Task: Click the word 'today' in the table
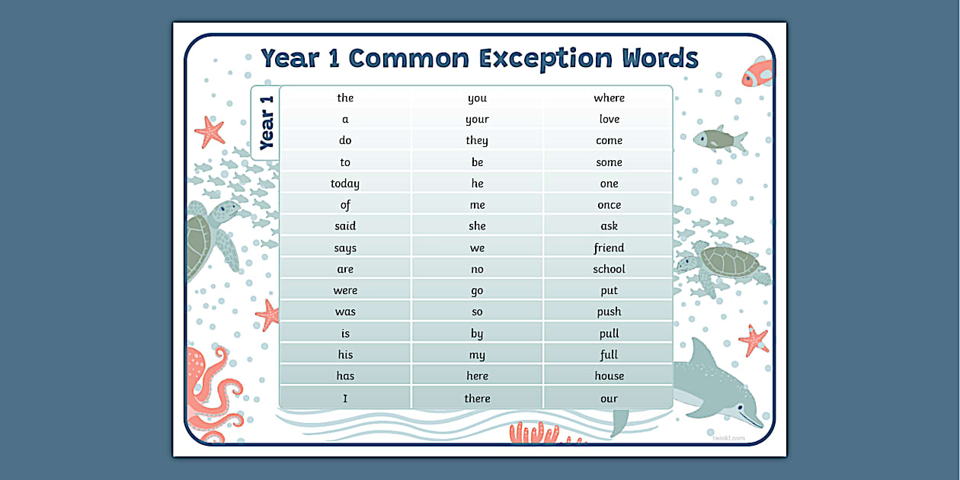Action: pos(345,184)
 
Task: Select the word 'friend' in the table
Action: pos(609,248)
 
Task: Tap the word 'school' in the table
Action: pos(609,269)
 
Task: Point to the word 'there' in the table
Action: pos(477,398)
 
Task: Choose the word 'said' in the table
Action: pos(345,226)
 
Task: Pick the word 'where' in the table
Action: pos(609,98)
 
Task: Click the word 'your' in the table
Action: pos(477,120)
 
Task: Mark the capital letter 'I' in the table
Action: pos(345,398)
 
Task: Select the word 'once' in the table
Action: pos(609,205)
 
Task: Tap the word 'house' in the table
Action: pos(609,376)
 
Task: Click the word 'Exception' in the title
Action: pos(546,59)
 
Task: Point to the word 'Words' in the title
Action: pos(660,58)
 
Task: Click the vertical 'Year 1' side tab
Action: pos(266,123)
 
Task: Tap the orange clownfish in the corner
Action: pos(757,72)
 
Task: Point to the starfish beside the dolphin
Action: pos(754,341)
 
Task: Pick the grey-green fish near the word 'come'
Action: pos(720,139)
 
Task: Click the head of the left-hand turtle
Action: pos(225,211)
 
